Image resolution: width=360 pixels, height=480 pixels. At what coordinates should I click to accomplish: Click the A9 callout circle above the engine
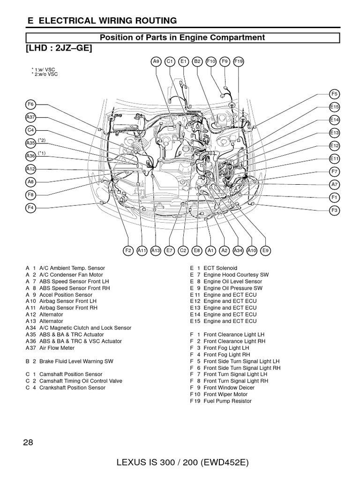point(156,61)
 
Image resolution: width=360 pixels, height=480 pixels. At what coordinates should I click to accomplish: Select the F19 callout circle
point(239,61)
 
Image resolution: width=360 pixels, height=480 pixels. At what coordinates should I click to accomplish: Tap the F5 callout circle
point(334,94)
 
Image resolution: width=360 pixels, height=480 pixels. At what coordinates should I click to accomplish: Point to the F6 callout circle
point(30,104)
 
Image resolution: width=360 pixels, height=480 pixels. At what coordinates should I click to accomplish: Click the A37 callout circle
point(30,117)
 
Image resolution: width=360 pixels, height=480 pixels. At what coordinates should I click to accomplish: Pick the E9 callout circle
point(266,251)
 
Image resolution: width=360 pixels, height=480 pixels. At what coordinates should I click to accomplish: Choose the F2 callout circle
point(128,251)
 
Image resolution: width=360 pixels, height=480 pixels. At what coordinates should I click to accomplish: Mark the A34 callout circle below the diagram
point(238,251)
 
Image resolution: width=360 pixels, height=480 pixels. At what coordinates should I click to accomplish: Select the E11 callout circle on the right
point(334,159)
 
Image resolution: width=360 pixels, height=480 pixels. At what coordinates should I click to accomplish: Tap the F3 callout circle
point(334,210)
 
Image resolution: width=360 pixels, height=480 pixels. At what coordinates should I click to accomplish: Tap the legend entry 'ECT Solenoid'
point(213,268)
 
